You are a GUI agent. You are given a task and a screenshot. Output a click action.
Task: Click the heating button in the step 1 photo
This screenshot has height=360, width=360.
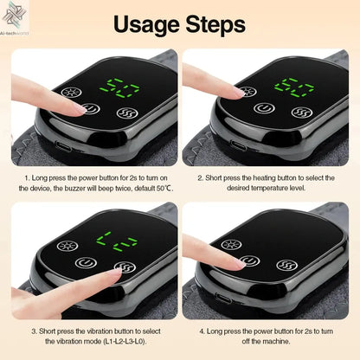point(67,91)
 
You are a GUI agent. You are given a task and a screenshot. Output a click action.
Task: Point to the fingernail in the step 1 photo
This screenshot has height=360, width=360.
point(80,109)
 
